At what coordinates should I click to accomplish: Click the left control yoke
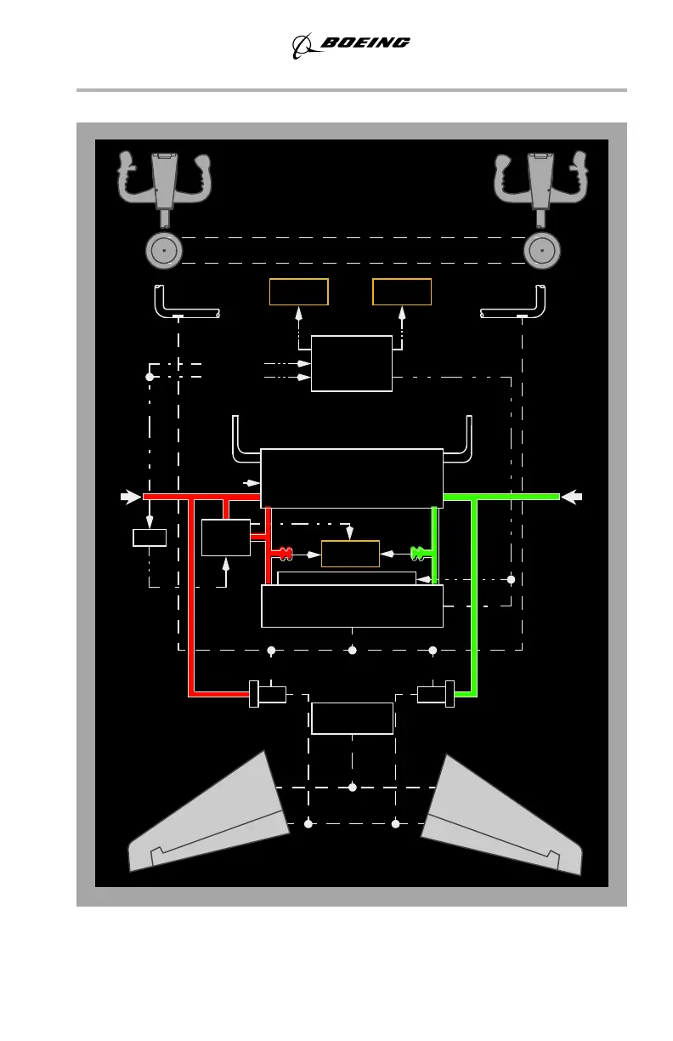click(x=166, y=179)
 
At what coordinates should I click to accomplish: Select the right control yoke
click(x=541, y=179)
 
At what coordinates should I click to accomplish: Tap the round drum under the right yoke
click(x=541, y=251)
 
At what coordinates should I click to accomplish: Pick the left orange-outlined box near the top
click(x=298, y=292)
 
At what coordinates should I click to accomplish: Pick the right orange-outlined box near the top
click(x=402, y=292)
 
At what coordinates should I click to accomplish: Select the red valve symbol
click(x=283, y=554)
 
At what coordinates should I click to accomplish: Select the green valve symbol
click(x=419, y=554)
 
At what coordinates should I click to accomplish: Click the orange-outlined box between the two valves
click(x=350, y=554)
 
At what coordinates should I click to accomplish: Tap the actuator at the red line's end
click(x=268, y=694)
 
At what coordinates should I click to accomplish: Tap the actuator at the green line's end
click(x=436, y=694)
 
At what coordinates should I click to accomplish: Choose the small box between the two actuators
click(x=352, y=718)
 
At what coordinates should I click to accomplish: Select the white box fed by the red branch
click(x=226, y=538)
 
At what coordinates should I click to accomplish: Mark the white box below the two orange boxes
click(x=352, y=363)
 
